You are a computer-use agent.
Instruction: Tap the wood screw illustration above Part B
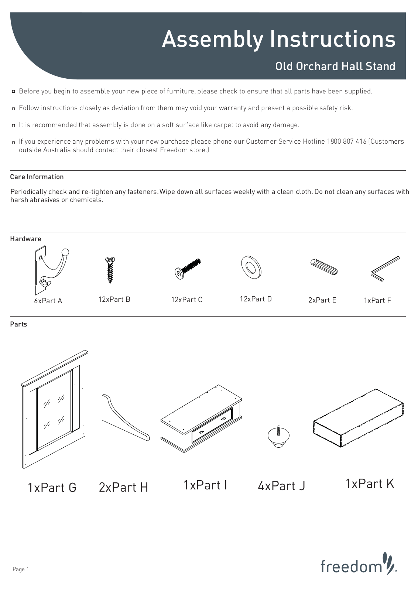(110, 270)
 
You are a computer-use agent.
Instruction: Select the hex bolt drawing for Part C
(188, 269)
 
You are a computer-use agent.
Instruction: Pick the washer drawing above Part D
(251, 267)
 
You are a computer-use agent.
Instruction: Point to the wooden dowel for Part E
(324, 267)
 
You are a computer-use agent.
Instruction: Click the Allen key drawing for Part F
(385, 268)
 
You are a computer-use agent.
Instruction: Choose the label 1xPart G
(52, 488)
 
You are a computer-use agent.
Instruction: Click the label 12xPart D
(256, 299)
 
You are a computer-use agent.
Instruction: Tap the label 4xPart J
(281, 486)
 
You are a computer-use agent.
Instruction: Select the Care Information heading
(37, 177)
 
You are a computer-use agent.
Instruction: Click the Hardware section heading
(25, 239)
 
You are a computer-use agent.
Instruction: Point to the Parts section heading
(18, 324)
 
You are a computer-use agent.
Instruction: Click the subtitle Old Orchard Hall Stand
(335, 66)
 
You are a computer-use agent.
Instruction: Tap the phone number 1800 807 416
(346, 141)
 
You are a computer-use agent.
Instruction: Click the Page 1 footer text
(21, 569)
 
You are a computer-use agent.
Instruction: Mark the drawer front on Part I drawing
(212, 425)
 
